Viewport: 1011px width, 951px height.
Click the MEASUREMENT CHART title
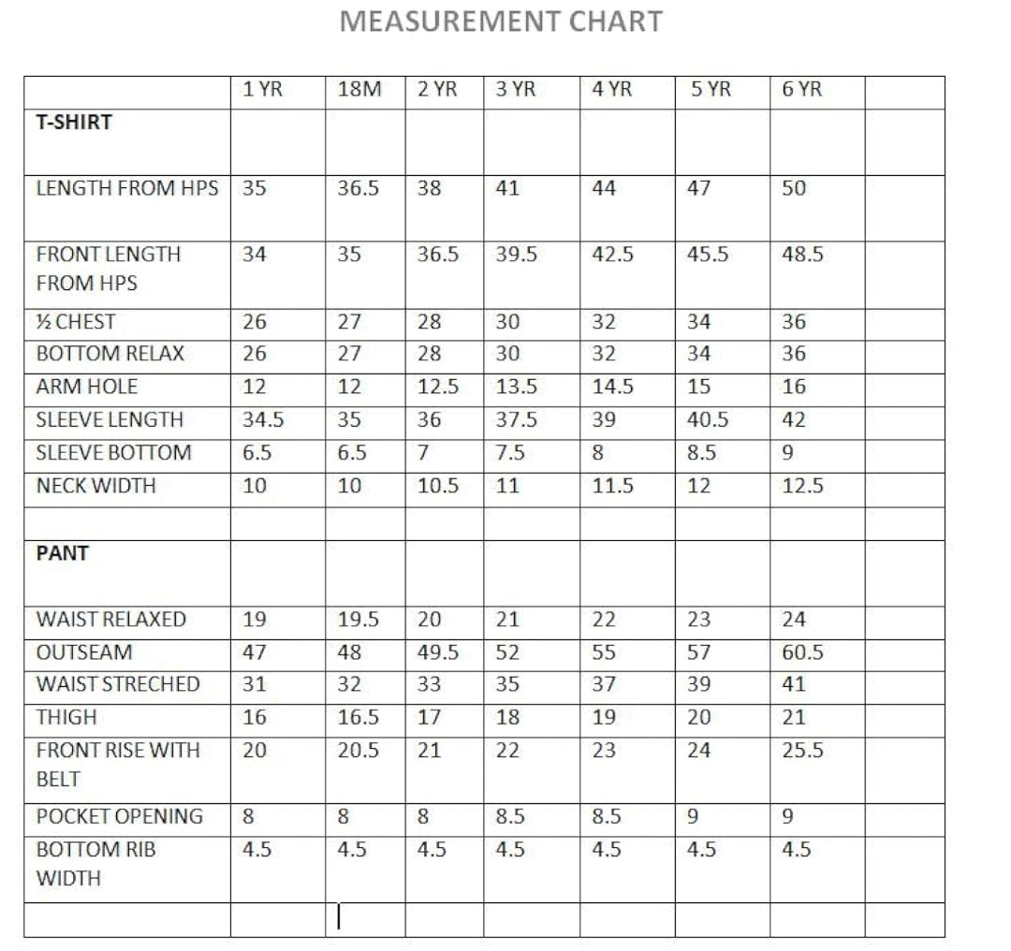(x=501, y=22)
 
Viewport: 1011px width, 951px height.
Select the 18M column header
(x=359, y=90)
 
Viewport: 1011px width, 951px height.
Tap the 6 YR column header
(x=801, y=90)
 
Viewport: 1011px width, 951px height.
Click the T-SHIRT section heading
(x=74, y=122)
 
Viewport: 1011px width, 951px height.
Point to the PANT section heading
(x=62, y=553)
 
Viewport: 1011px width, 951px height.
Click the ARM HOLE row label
(x=87, y=387)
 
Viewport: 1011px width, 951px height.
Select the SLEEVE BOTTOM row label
(x=113, y=453)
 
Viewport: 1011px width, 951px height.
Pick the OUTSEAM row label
(x=84, y=651)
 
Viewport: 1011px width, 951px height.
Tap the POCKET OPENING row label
(x=119, y=816)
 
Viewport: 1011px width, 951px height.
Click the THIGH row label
(x=66, y=718)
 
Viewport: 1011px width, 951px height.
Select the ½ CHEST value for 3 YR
(x=507, y=322)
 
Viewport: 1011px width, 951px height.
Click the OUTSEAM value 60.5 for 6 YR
(x=802, y=652)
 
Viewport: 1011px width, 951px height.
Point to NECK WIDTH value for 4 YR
(x=612, y=486)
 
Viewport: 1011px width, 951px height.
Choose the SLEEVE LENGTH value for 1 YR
(x=263, y=420)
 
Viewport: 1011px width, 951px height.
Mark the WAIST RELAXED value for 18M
(x=358, y=620)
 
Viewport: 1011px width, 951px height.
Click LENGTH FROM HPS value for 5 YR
(x=698, y=188)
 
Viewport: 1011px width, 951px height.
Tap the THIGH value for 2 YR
(x=429, y=718)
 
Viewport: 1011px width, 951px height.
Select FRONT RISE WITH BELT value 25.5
(x=802, y=751)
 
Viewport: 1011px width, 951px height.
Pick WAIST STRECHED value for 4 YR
(x=604, y=684)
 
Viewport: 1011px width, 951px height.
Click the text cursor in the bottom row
(x=339, y=917)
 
